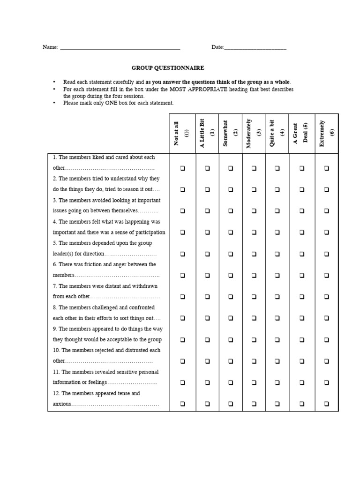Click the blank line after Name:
click(120, 48)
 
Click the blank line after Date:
click(255, 48)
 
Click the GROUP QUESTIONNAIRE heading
click(168, 68)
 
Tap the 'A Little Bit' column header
click(206, 133)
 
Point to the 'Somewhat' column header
click(230, 133)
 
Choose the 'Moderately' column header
click(254, 133)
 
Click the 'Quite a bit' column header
click(277, 133)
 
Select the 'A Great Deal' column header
click(301, 133)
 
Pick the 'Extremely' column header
click(326, 133)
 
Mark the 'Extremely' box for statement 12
click(327, 404)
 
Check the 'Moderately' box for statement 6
click(254, 275)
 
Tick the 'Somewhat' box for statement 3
click(230, 211)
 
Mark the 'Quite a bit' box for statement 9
click(277, 339)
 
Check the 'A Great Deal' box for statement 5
click(302, 254)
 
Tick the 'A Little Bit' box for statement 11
click(206, 382)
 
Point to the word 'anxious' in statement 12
click(61, 404)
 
